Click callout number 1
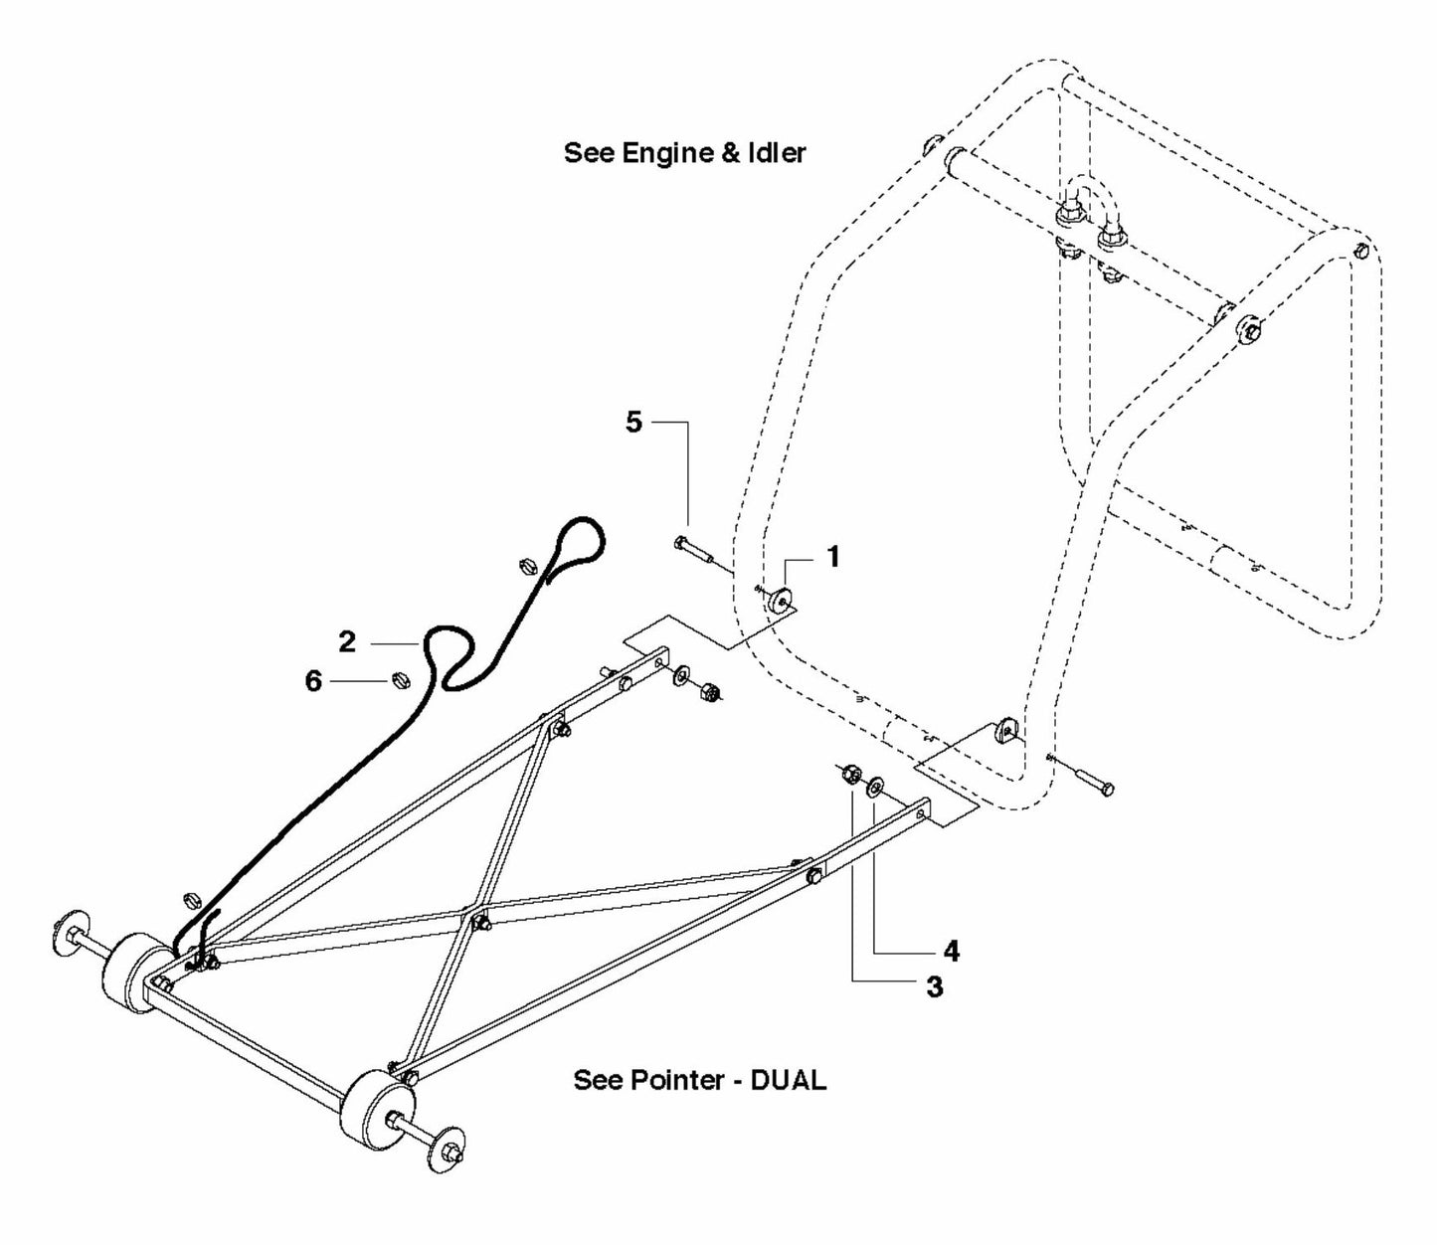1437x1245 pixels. (833, 557)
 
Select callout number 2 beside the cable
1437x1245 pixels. (346, 642)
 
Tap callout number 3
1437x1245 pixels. (934, 987)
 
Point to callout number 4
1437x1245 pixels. (951, 952)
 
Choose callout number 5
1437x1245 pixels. (633, 422)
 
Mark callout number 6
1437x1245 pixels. (313, 682)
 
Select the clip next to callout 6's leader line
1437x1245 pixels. (398, 681)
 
